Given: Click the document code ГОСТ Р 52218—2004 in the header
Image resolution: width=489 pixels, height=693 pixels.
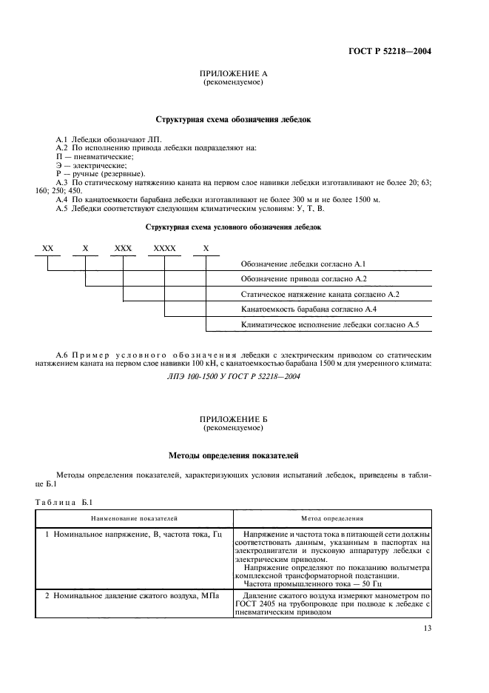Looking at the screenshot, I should coord(389,51).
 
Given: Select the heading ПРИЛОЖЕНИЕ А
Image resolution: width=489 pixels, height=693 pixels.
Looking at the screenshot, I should coord(234,75).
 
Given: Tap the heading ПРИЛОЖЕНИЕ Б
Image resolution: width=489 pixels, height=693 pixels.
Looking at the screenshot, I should coord(234,421).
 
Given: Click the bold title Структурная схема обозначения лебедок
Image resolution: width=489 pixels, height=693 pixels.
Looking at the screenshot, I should coord(234,118).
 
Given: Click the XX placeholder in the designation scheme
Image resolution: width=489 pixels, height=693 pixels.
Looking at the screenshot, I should coord(47,250).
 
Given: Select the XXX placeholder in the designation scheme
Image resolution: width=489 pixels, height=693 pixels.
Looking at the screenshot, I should coord(123,250).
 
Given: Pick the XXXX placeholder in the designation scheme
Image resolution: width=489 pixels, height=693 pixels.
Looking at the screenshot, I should coord(164,250).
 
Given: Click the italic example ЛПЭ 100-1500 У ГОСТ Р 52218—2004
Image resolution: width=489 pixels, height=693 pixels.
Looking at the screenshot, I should coord(234,376).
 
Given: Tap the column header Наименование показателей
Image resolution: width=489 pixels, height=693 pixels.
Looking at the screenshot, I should coord(134,520).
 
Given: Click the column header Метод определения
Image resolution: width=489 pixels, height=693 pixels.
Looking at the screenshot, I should coord(332,520).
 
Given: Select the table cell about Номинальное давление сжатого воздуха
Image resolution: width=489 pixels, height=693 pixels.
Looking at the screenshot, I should coord(127,597).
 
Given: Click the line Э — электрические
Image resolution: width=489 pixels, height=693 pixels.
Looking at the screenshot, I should coord(91,165).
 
